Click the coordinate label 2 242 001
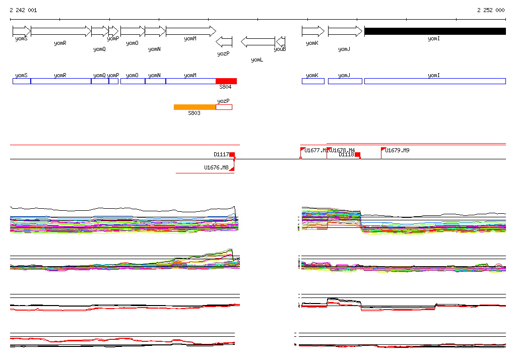coord(23,10)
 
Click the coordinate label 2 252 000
coord(491,10)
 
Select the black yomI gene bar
coord(434,31)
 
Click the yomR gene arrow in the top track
coord(60,31)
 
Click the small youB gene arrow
coord(281,41)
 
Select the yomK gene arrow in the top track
coord(313,31)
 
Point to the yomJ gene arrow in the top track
coord(345,31)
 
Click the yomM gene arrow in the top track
coord(190,31)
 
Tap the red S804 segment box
coord(226,81)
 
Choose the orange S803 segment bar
coord(195,107)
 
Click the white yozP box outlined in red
coord(224,107)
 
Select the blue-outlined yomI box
coord(434,81)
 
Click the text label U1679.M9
coord(397,150)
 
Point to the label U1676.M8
coord(216,167)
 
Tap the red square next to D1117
coord(232,155)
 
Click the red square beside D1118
coord(357,155)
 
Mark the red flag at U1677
coord(302,150)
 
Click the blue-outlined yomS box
coord(22,81)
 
